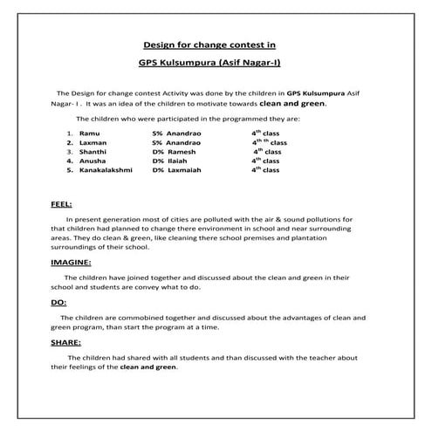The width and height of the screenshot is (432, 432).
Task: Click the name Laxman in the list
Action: (93, 141)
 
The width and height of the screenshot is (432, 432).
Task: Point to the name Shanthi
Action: (93, 151)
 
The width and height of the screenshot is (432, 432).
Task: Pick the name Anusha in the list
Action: (92, 161)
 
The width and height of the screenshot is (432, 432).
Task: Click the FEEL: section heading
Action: (61, 204)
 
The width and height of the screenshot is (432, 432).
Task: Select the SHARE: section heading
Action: (66, 343)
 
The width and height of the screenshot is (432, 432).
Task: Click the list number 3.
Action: (68, 151)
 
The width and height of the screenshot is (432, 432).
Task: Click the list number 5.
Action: (68, 170)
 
